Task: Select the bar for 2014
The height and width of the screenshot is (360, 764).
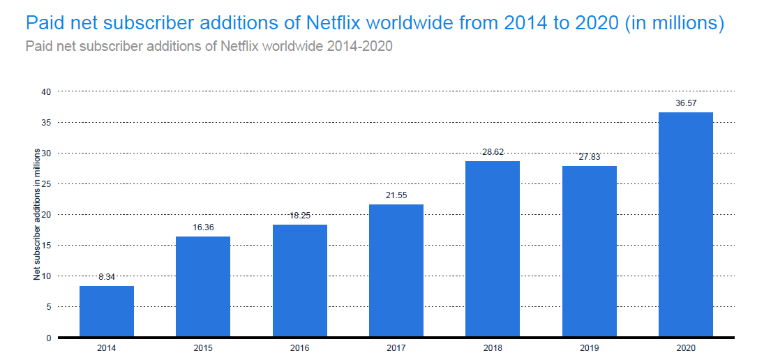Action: click(x=107, y=311)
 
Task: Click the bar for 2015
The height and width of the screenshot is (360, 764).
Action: click(x=203, y=286)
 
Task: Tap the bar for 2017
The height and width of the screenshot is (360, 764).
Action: click(x=396, y=271)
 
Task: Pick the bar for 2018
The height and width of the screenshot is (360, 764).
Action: click(x=493, y=249)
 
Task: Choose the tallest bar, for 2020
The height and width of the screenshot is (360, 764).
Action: click(x=686, y=225)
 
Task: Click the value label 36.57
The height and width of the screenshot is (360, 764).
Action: click(x=686, y=103)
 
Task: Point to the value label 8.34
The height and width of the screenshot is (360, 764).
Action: click(x=107, y=277)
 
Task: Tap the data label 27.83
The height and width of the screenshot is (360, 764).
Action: click(x=590, y=157)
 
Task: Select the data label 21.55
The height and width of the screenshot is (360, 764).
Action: click(x=396, y=195)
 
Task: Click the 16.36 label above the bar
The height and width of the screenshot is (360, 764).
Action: click(x=203, y=227)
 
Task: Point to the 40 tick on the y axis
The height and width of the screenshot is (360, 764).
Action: click(x=46, y=91)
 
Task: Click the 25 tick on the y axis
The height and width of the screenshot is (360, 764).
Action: click(x=46, y=184)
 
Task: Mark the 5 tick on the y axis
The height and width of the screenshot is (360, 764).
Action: click(x=48, y=307)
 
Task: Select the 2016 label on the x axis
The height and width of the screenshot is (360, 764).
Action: click(x=300, y=348)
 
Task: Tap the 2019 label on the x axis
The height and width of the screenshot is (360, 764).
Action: click(x=590, y=348)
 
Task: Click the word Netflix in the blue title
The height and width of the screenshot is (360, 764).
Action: click(x=332, y=23)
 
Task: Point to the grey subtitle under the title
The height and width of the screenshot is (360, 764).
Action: click(x=209, y=47)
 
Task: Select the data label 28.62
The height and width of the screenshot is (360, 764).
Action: click(x=493, y=151)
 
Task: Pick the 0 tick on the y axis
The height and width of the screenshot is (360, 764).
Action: click(x=48, y=338)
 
